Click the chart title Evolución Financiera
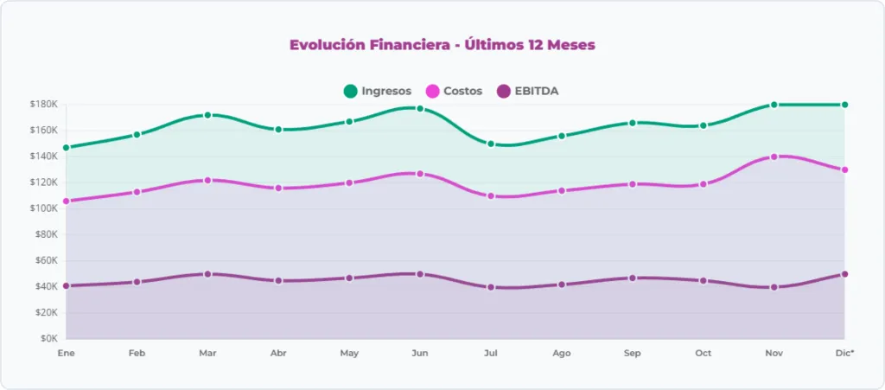442,45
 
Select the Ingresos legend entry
377,91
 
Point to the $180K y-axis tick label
43,104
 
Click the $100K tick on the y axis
43,208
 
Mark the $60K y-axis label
45,260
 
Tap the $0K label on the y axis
48,338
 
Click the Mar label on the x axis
207,353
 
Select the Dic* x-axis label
844,353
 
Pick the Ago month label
561,353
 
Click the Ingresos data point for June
420,109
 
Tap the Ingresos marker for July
491,144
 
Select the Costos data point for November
774,157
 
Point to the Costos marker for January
66,201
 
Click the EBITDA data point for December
844,274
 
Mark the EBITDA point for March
207,274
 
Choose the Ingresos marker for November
774,105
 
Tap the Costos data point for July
491,196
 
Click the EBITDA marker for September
633,278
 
